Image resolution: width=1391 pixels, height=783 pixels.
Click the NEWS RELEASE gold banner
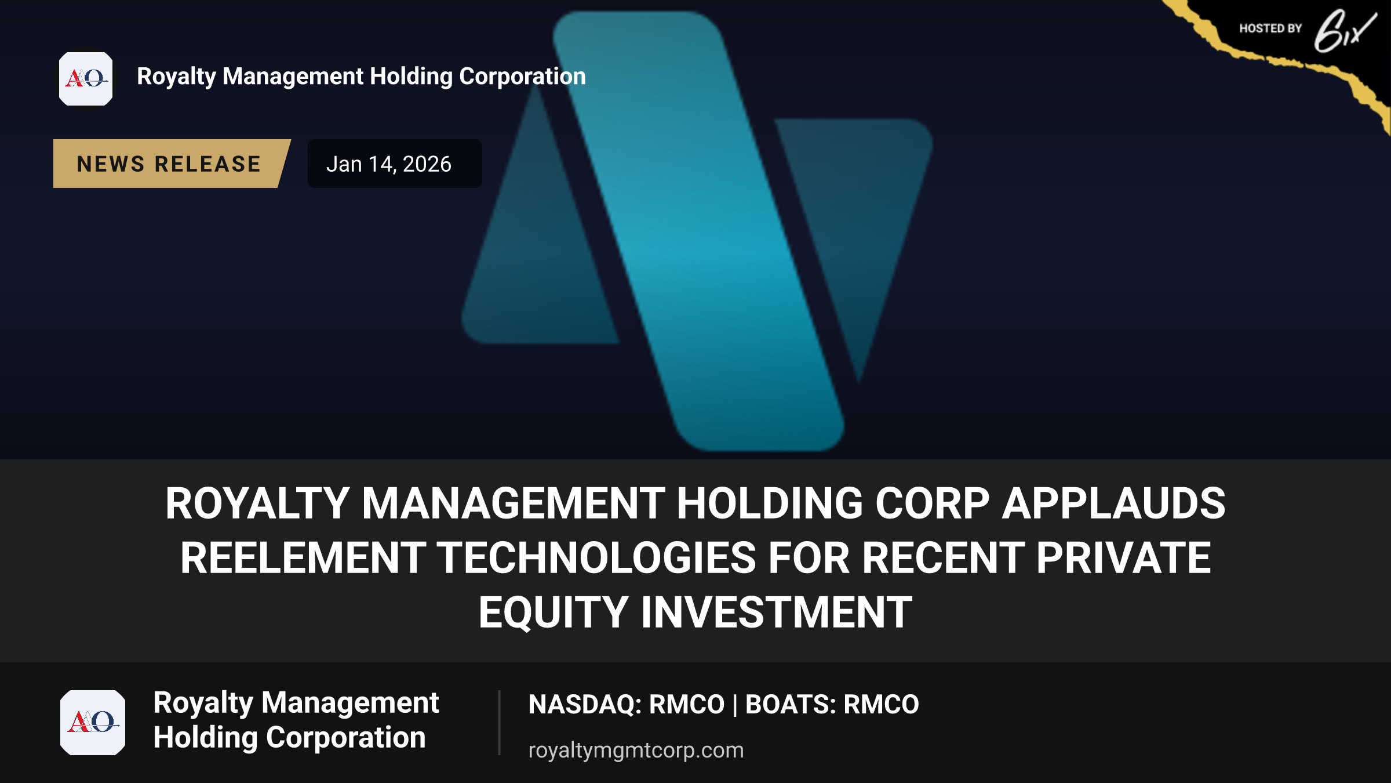coord(171,164)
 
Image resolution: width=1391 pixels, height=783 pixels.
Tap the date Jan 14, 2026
coord(388,164)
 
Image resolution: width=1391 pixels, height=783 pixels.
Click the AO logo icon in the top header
coord(86,79)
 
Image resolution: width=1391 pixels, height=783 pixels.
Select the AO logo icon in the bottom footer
coord(93,723)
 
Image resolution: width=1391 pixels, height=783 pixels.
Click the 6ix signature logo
coord(1345,32)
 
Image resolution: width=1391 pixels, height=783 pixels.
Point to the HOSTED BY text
coord(1270,28)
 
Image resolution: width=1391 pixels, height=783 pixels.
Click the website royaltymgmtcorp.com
coord(636,751)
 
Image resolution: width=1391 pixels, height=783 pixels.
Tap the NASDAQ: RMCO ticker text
coord(627,704)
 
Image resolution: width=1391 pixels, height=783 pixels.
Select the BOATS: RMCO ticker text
coord(832,704)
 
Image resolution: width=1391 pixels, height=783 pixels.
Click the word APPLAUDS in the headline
coord(1113,503)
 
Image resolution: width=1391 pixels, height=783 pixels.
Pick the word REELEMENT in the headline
coord(303,558)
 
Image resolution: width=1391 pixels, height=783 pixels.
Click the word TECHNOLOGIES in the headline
coord(596,558)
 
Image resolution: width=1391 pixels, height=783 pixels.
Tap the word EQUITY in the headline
coord(554,612)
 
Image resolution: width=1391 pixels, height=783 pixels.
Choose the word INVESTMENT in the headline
coord(776,612)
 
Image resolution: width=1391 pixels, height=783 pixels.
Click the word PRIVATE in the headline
coord(1123,558)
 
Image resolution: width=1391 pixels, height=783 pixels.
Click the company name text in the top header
coord(361,77)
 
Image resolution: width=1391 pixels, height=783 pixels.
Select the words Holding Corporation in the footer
coord(289,738)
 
